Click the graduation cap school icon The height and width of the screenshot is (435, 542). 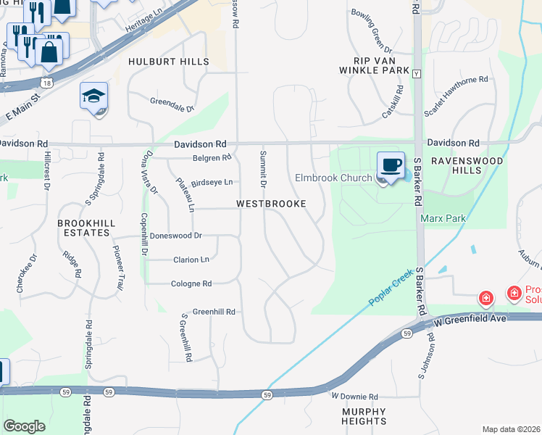click(x=93, y=96)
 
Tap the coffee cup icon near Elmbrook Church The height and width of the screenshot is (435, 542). click(x=391, y=165)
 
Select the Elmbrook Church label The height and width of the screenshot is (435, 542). click(x=333, y=178)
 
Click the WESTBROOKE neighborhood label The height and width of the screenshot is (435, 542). click(x=271, y=204)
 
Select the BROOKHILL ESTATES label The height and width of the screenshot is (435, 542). click(x=84, y=228)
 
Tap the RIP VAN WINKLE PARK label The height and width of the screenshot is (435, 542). click(x=370, y=65)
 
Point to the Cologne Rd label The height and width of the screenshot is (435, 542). click(x=191, y=284)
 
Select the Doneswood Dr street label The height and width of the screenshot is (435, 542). click(x=175, y=236)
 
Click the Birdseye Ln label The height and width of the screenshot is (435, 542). click(x=212, y=182)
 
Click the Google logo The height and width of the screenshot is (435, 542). click(x=24, y=426)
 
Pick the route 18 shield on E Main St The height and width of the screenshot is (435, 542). click(x=47, y=84)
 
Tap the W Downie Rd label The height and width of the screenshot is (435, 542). click(x=355, y=397)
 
